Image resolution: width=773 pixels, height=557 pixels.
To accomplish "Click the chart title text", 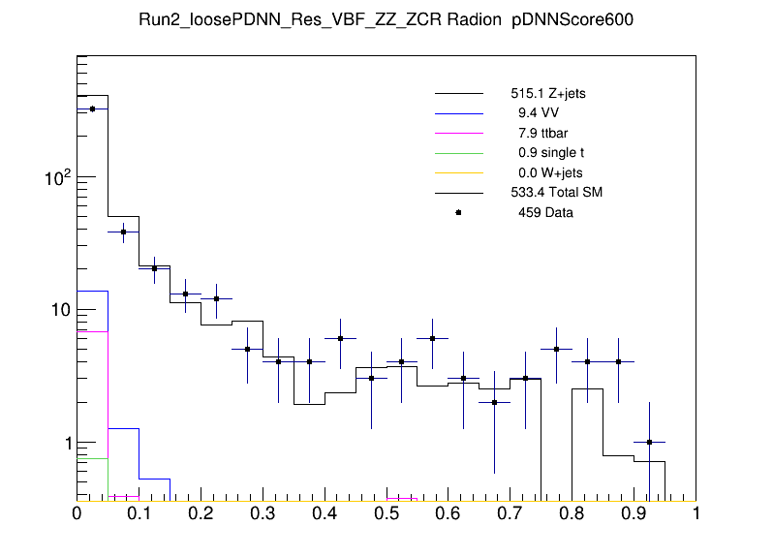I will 386,22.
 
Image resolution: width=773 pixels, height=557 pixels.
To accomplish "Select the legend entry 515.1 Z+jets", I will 548,95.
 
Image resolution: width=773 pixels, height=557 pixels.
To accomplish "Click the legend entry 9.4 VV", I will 539,114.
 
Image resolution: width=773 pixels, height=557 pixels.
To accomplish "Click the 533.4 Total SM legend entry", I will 556,193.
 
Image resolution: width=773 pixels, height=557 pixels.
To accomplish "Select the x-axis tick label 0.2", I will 201,513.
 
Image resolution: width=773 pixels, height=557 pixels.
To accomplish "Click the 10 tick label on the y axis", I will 59,310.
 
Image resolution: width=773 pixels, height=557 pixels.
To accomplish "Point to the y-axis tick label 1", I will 64,443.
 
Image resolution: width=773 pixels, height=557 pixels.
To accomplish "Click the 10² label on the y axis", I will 56,177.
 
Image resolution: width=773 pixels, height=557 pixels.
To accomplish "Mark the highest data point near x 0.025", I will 92,108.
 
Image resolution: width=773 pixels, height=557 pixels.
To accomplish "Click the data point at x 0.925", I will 649,442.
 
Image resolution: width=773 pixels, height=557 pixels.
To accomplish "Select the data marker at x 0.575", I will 433,338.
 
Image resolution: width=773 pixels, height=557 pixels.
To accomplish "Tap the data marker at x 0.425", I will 340,338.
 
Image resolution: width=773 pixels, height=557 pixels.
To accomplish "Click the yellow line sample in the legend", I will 458,172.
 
